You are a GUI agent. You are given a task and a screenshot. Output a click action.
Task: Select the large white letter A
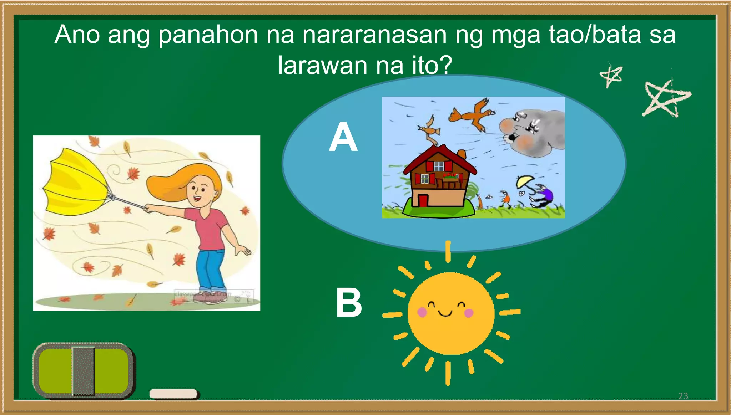(343, 137)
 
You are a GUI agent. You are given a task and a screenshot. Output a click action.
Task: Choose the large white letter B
(349, 303)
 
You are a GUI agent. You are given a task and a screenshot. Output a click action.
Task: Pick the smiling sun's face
(450, 313)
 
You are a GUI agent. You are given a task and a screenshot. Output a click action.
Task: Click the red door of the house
(423, 200)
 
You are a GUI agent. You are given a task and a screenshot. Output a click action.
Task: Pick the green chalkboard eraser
(84, 371)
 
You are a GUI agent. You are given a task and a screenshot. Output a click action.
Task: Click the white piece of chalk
(173, 394)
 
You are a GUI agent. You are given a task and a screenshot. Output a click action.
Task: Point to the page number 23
(683, 396)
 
